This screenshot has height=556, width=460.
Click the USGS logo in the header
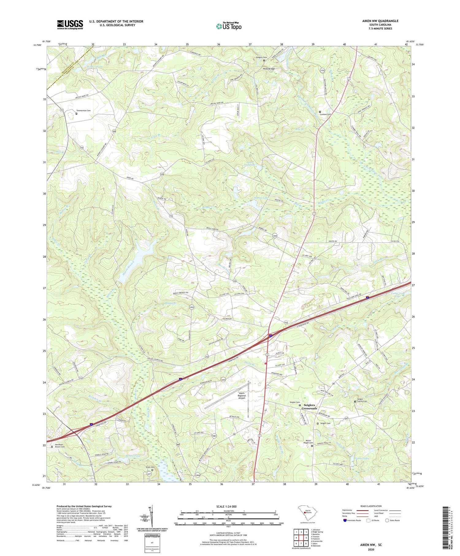[70, 25]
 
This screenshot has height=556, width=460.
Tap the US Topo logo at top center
[228, 26]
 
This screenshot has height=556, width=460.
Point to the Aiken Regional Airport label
[242, 396]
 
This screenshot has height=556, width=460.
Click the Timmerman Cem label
[83, 110]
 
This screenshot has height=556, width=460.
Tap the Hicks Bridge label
[269, 69]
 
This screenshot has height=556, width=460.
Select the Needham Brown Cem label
[60, 445]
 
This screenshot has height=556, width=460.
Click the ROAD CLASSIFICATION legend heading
[371, 506]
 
